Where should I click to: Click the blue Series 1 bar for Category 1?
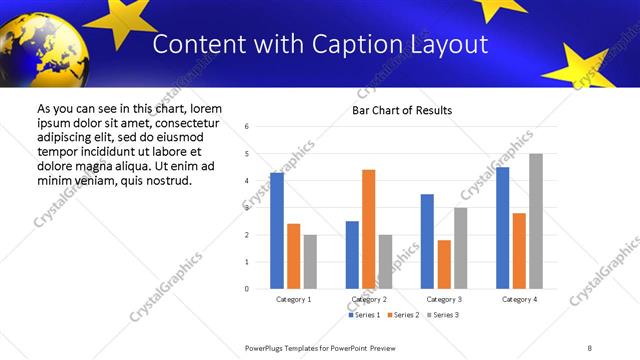tap(277, 231)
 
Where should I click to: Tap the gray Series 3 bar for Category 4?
tap(536, 221)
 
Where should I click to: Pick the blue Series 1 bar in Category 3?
tap(427, 241)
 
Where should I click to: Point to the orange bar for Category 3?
tap(444, 264)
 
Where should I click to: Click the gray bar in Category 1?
tap(310, 262)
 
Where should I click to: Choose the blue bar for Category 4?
tap(503, 228)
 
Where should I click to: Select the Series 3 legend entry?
tap(443, 315)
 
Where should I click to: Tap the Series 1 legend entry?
tap(362, 315)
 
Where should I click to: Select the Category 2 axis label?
tap(369, 299)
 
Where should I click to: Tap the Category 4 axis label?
tap(519, 299)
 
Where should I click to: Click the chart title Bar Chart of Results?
tap(402, 110)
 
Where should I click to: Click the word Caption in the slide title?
tap(357, 45)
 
